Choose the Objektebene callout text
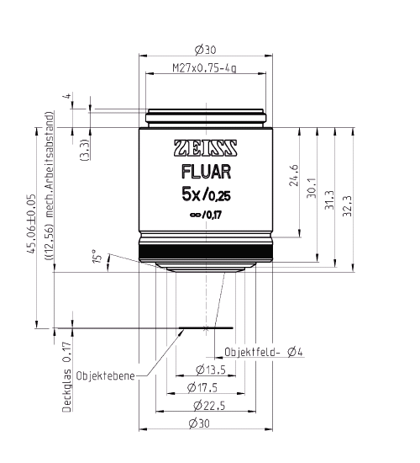106,376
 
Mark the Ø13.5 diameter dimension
208,370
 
